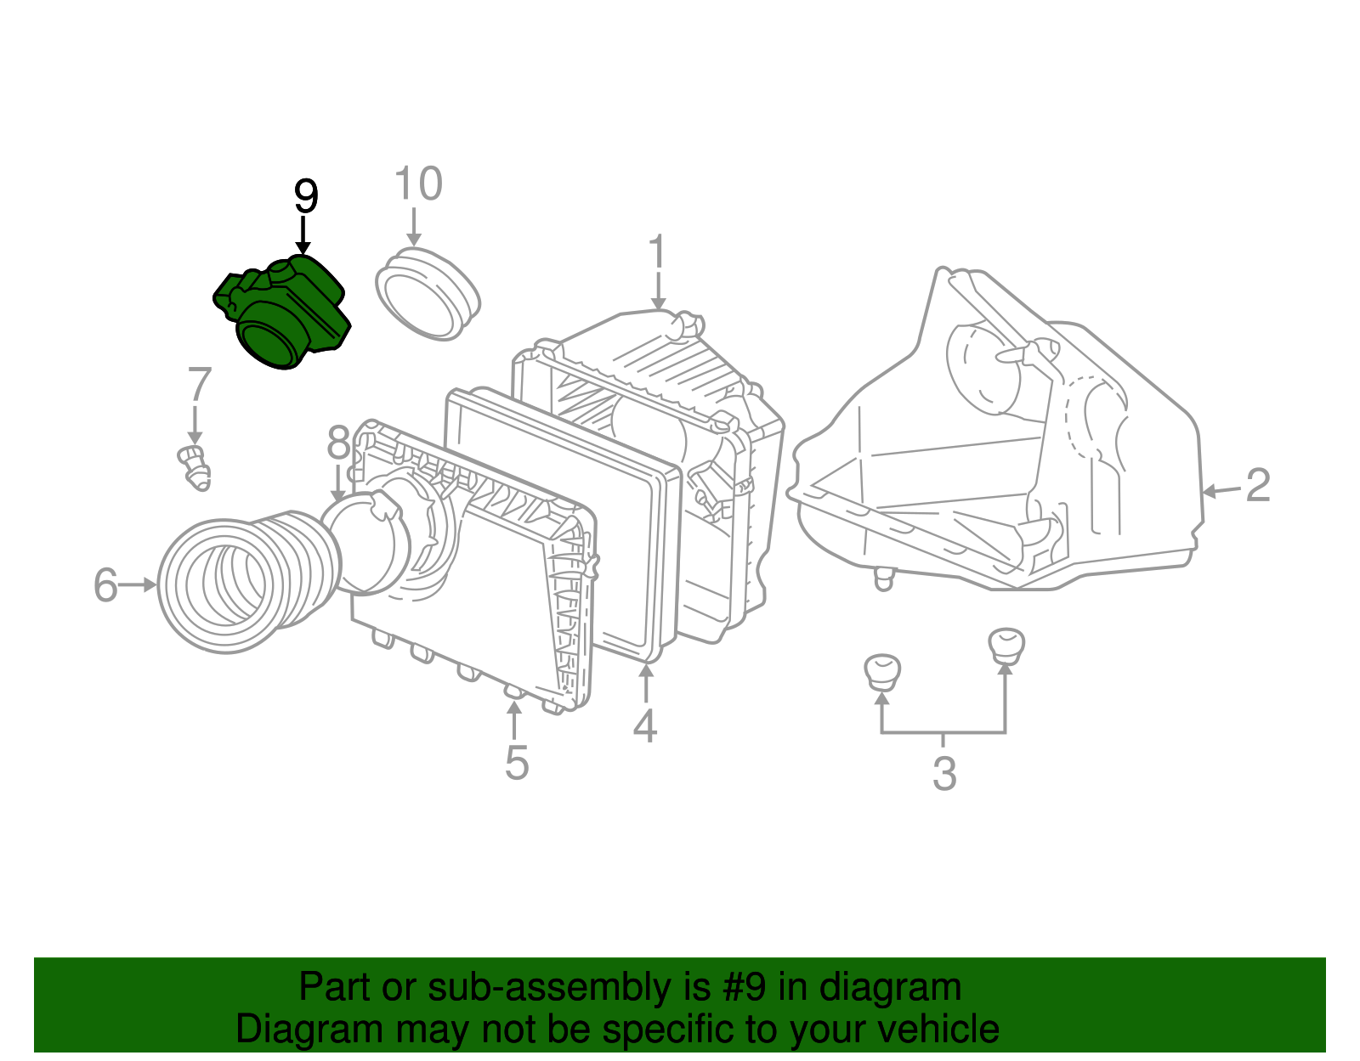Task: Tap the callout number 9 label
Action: click(x=305, y=197)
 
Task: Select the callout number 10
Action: click(x=418, y=184)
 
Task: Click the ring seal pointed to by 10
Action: click(x=428, y=294)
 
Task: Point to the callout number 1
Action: click(x=657, y=254)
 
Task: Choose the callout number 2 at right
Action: click(x=1257, y=486)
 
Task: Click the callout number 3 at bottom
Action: click(x=944, y=774)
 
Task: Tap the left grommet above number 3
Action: click(x=881, y=671)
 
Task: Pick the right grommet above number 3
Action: click(x=1006, y=644)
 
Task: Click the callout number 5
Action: click(x=517, y=762)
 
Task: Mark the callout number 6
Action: click(x=105, y=585)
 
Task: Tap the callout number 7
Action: click(x=199, y=385)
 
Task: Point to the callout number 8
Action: click(x=338, y=444)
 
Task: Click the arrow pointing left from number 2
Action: click(x=1221, y=490)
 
